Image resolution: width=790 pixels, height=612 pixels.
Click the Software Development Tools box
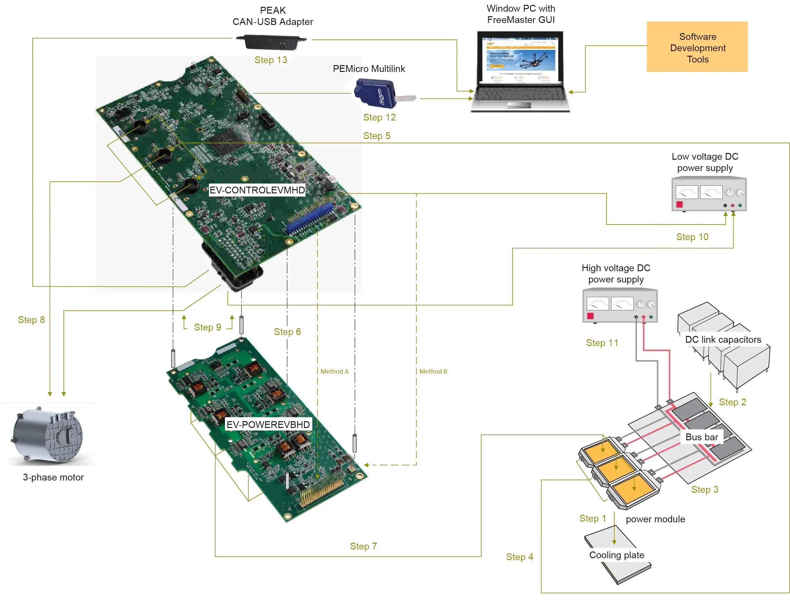point(697,47)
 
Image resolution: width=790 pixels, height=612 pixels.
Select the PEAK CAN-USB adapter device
point(271,42)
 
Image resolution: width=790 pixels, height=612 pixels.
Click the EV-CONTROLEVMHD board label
point(257,190)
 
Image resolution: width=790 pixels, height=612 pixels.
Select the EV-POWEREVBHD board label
point(268,424)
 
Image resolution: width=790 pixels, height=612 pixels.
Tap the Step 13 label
point(271,60)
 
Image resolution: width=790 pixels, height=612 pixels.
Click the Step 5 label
point(377,136)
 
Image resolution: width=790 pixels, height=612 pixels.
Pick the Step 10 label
point(692,237)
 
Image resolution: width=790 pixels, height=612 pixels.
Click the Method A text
point(334,372)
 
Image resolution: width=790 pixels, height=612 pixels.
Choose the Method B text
point(433,372)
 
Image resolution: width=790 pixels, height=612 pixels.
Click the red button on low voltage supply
point(679,205)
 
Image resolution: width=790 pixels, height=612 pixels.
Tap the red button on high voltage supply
point(590,316)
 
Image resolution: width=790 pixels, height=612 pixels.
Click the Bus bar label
point(702,437)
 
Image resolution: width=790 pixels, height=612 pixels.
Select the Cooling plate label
point(616,555)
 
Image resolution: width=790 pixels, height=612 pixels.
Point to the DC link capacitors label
point(723,340)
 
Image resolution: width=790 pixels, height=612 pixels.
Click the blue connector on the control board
point(310,219)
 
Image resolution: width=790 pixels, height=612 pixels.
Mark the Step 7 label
point(363,546)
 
